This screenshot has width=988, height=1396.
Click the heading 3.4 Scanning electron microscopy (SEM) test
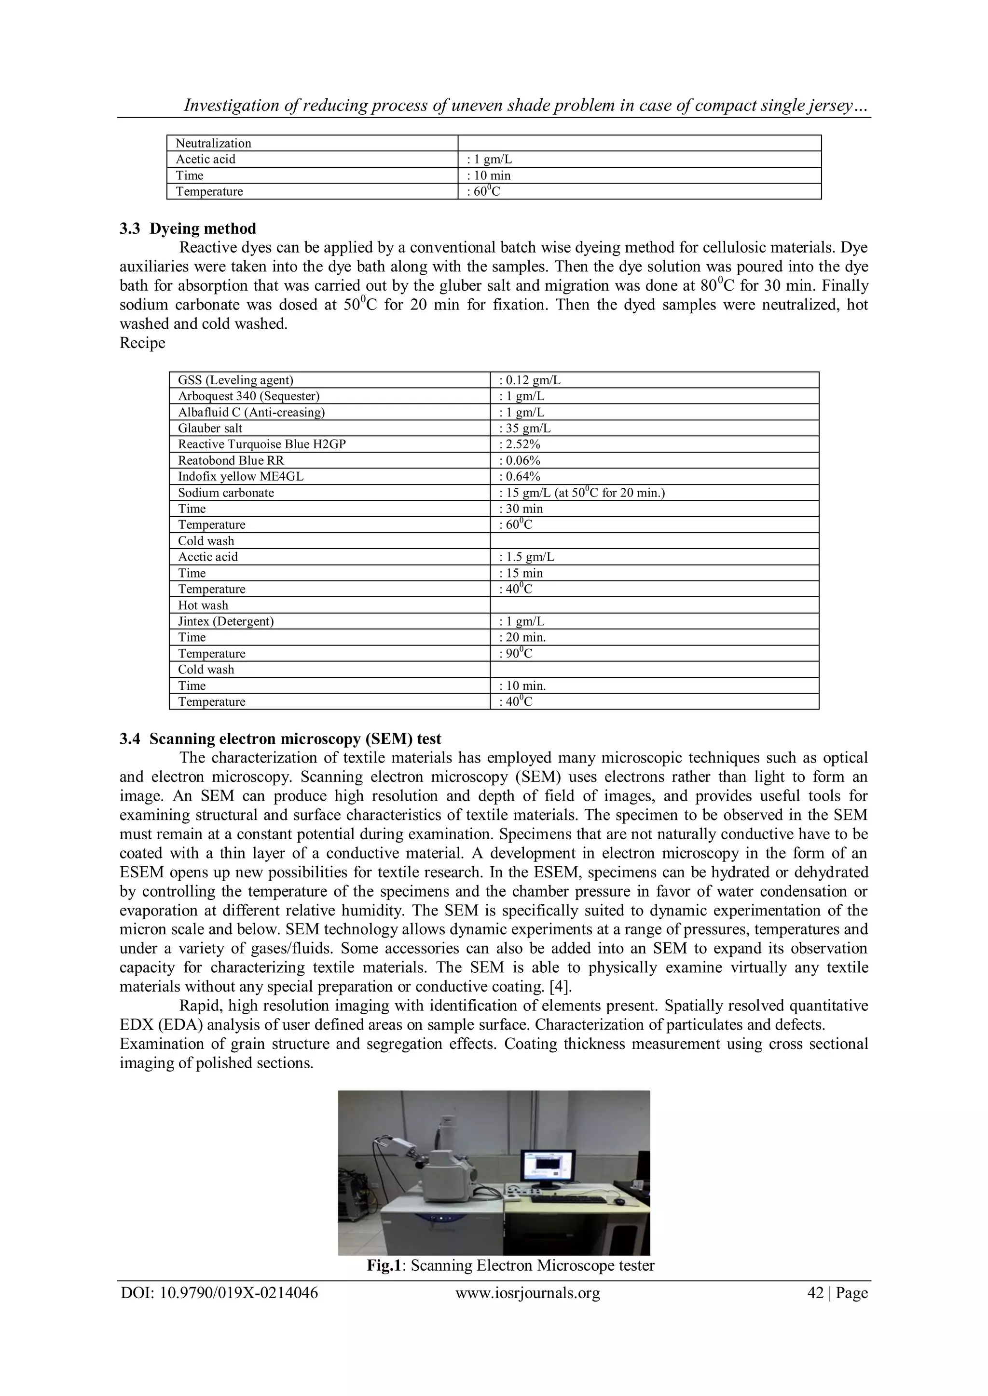280,739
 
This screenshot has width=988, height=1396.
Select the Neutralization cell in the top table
214,144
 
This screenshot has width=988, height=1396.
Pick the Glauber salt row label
210,428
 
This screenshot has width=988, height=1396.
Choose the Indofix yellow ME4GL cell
240,477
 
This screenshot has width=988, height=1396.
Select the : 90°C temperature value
515,654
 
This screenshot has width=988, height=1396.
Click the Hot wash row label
203,605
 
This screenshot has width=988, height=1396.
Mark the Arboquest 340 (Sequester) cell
248,396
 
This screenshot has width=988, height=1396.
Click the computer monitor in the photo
547,1169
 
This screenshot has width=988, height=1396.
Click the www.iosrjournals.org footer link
527,1293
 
